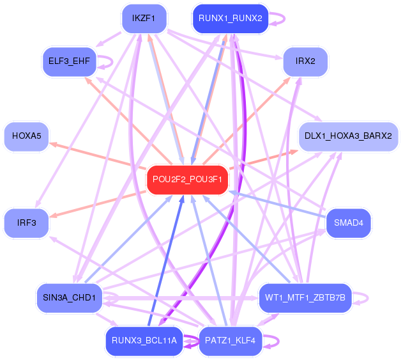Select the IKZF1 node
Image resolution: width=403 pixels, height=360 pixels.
144,18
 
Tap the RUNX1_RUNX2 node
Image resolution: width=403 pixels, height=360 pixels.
230,18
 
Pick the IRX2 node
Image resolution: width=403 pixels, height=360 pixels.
305,62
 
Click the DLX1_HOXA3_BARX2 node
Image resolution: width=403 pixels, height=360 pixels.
349,136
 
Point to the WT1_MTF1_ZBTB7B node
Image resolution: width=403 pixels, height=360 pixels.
305,298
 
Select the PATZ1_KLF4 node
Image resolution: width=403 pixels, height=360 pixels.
230,341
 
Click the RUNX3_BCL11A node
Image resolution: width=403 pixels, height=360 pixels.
144,341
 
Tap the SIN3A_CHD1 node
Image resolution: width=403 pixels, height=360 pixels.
69,298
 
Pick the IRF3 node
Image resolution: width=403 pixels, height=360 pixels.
26,223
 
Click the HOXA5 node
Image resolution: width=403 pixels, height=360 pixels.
26,136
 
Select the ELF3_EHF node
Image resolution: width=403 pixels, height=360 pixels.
69,62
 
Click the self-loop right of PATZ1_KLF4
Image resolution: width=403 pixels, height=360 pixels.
272,341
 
